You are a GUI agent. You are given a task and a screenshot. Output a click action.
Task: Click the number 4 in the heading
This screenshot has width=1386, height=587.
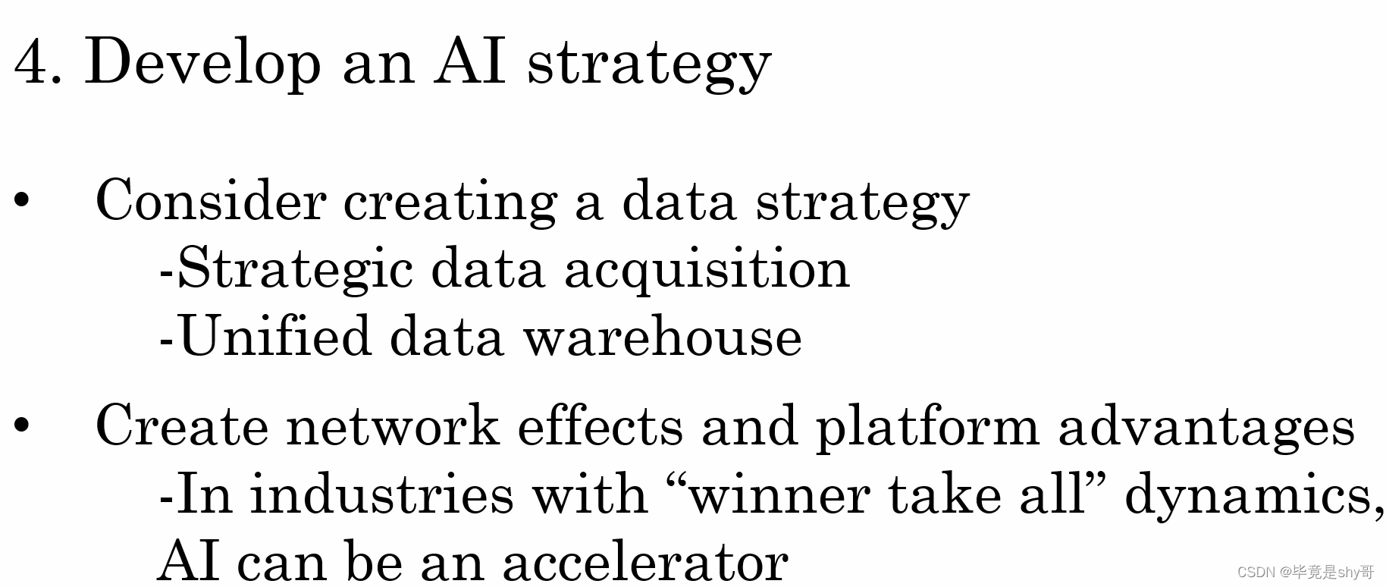[32, 62]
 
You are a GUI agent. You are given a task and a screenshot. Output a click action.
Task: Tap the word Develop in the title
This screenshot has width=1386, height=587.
[203, 62]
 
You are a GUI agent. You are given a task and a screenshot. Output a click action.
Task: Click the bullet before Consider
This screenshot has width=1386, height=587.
[22, 201]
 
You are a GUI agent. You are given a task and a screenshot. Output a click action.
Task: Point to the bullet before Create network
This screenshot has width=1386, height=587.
[22, 425]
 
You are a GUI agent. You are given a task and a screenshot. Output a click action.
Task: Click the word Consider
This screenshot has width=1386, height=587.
[211, 201]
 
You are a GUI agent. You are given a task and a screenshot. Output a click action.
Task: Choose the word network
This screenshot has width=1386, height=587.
[393, 426]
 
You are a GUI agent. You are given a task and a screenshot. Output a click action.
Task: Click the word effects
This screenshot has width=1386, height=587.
[600, 426]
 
